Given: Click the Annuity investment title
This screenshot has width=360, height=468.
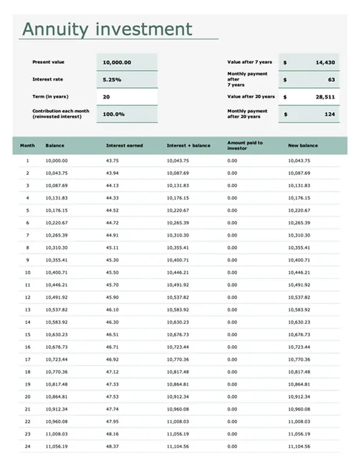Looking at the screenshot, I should tap(106, 29).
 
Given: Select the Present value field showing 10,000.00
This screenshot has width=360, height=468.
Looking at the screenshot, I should tap(117, 63).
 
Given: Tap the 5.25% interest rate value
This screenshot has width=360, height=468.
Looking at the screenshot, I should tap(112, 80).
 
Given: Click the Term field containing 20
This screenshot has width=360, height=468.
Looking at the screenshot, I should tap(106, 97).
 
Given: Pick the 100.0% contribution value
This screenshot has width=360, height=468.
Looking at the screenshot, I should tap(114, 114).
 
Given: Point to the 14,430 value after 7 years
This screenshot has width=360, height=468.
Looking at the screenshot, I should tap(325, 62).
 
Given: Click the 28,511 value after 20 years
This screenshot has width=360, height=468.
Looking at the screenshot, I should tap(325, 97).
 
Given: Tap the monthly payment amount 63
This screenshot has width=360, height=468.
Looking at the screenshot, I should tap(331, 80).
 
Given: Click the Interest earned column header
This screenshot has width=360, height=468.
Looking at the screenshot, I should tap(124, 145).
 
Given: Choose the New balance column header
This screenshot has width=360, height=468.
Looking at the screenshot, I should tap(303, 145).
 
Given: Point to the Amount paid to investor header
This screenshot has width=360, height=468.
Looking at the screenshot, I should tap(245, 145).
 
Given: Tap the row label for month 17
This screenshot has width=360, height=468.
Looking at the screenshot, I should tap(27, 359).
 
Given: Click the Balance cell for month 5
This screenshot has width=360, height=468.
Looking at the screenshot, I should tap(57, 211).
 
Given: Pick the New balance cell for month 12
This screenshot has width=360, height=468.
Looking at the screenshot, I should tap(299, 297).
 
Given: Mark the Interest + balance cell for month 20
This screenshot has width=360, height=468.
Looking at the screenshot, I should tap(178, 397).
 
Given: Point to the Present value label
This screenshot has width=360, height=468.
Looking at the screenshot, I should tap(49, 62).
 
